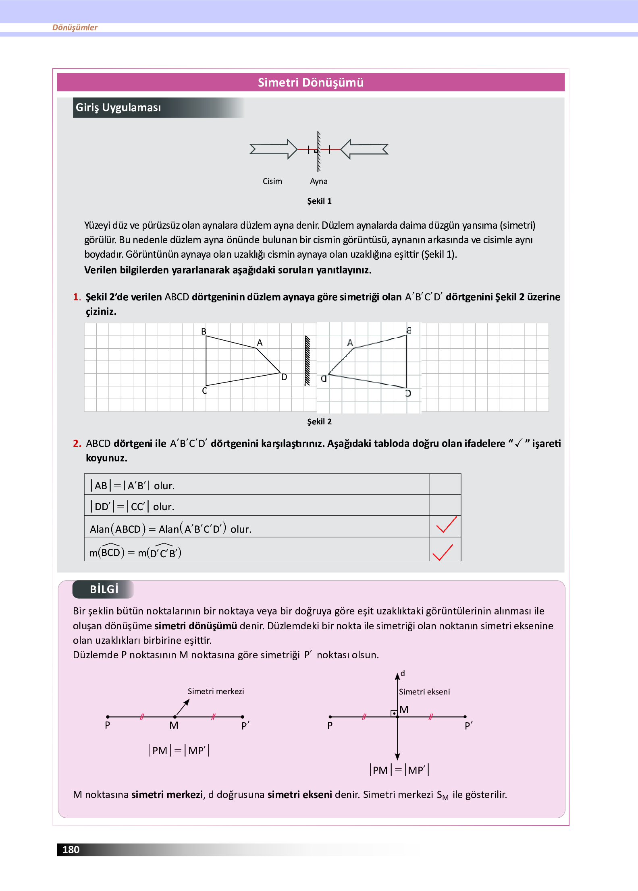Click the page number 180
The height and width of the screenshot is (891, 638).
71,850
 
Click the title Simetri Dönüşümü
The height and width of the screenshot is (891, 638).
310,83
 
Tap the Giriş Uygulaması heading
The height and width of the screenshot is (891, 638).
118,107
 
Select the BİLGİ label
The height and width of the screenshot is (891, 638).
104,589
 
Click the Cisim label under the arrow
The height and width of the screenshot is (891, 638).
272,181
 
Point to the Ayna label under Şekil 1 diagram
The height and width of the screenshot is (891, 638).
318,181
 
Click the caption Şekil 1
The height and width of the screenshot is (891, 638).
319,201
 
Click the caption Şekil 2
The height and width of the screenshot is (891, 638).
319,422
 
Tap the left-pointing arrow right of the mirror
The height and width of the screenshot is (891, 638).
364,149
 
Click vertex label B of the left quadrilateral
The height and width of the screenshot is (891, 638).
204,331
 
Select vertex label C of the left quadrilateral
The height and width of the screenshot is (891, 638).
204,391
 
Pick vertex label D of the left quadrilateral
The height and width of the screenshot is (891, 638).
284,377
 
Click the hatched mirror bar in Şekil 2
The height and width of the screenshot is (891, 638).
307,361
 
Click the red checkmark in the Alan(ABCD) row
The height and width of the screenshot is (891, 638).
445,525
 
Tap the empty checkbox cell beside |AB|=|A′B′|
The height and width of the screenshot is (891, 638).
445,484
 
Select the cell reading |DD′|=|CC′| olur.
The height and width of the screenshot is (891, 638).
256,506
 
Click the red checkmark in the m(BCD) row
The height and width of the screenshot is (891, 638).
443,552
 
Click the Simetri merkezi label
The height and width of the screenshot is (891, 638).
216,691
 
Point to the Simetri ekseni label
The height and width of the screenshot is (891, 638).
424,692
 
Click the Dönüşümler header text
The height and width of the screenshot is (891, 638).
75,27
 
